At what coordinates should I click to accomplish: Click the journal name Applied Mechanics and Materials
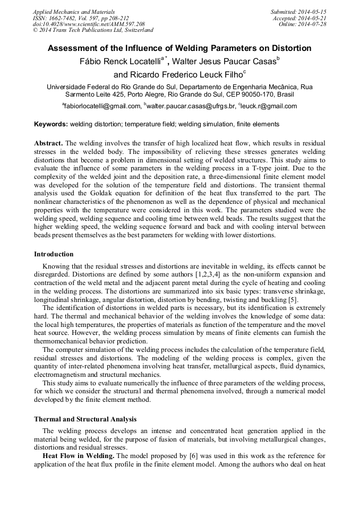click(x=74, y=12)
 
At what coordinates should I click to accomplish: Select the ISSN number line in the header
click(x=81, y=18)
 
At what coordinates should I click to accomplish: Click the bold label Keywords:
click(x=51, y=124)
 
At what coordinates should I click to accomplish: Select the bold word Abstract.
click(x=49, y=144)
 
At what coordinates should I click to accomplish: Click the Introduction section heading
click(x=54, y=254)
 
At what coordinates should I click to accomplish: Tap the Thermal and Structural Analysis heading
click(x=85, y=419)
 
